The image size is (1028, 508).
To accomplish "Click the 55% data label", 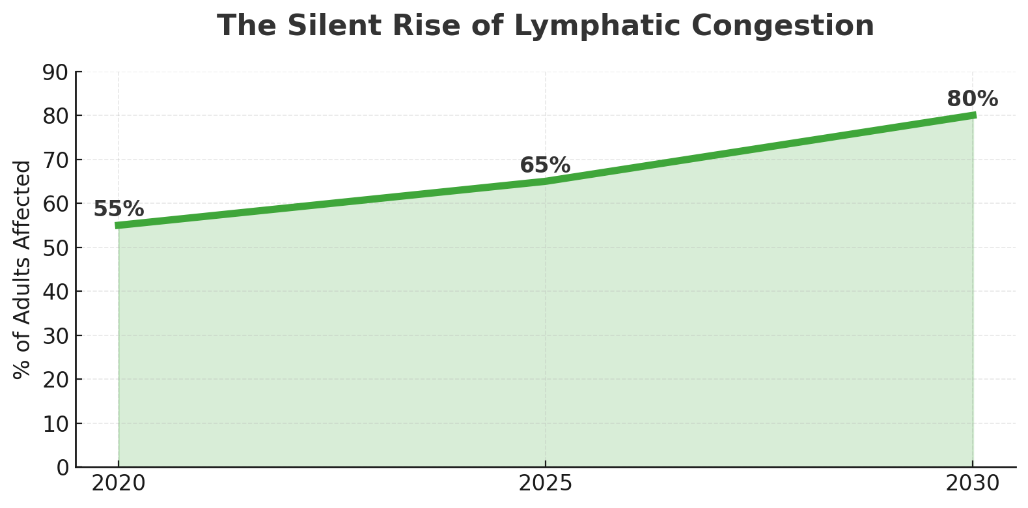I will pyautogui.click(x=118, y=209).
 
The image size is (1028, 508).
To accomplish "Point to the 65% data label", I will pyautogui.click(x=545, y=165).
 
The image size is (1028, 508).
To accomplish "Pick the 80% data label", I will pyautogui.click(x=972, y=99).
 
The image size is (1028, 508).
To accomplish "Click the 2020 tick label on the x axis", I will pyautogui.click(x=118, y=484).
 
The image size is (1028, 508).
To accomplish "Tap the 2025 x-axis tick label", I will pyautogui.click(x=546, y=484).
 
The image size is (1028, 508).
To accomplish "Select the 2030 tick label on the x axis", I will pyautogui.click(x=972, y=484).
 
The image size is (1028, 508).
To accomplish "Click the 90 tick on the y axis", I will pyautogui.click(x=55, y=72).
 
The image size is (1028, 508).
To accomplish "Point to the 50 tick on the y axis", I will pyautogui.click(x=55, y=248).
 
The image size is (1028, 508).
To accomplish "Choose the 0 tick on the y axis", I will pyautogui.click(x=63, y=468).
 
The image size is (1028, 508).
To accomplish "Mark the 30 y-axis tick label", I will pyautogui.click(x=55, y=336).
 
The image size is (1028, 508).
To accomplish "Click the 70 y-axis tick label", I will pyautogui.click(x=55, y=160).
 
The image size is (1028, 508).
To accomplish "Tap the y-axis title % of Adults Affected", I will pyautogui.click(x=23, y=270).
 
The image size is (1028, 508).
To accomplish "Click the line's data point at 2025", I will pyautogui.click(x=546, y=181).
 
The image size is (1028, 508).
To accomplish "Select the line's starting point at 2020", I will pyautogui.click(x=118, y=225).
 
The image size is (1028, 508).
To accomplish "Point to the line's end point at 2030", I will pyautogui.click(x=973, y=115).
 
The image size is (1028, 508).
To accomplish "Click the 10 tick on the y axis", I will pyautogui.click(x=55, y=424).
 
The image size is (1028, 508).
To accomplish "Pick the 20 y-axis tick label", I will pyautogui.click(x=55, y=380).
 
